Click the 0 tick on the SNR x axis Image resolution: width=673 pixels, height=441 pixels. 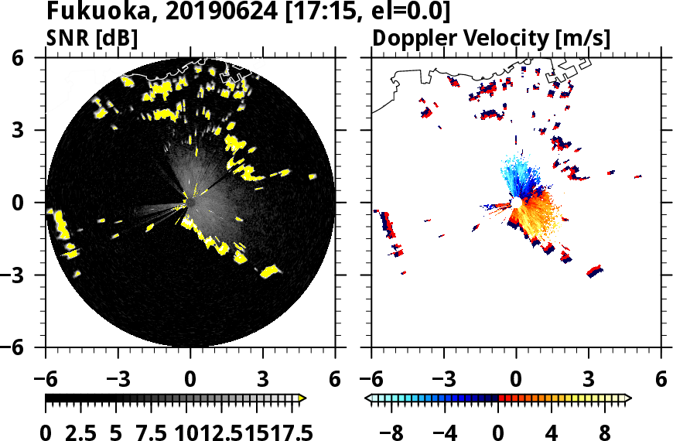[190, 379]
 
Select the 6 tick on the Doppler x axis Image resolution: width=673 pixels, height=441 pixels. [661, 379]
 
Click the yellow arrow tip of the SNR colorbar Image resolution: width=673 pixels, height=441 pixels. [303, 398]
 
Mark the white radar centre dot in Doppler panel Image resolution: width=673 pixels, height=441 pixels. [516, 203]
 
